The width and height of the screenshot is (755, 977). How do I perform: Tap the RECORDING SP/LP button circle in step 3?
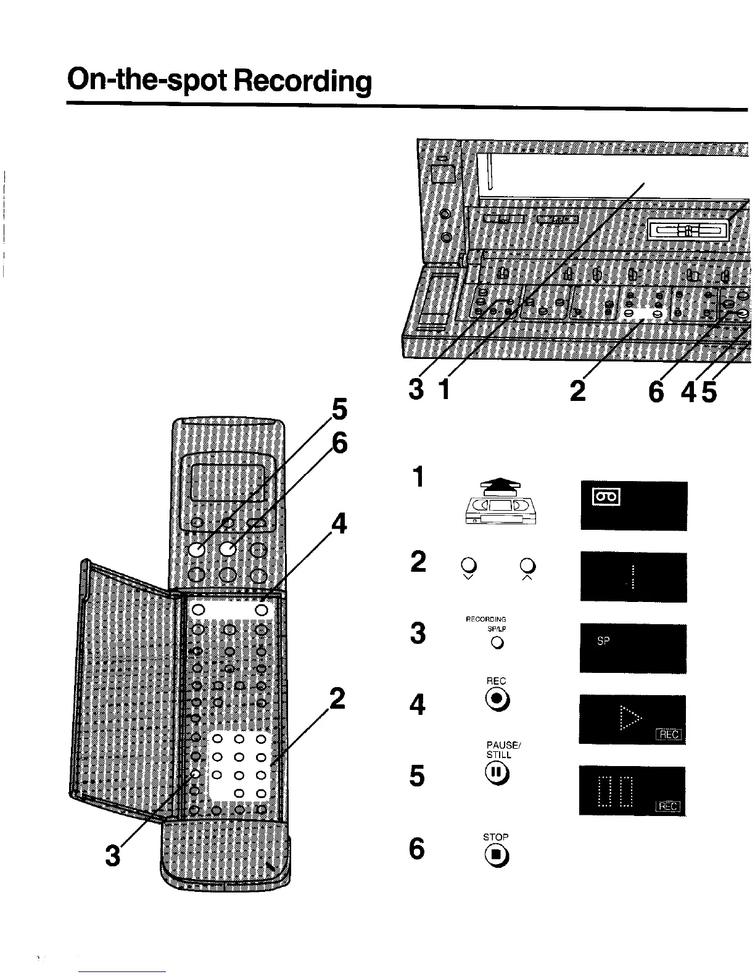(x=497, y=643)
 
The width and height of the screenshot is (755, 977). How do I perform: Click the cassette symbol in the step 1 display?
(x=606, y=497)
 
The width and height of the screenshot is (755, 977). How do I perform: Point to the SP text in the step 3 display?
(x=603, y=641)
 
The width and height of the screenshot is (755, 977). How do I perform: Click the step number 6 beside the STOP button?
(x=418, y=850)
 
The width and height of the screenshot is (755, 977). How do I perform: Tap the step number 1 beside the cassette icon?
(x=418, y=477)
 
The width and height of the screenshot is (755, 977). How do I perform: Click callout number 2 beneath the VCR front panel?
(x=577, y=391)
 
